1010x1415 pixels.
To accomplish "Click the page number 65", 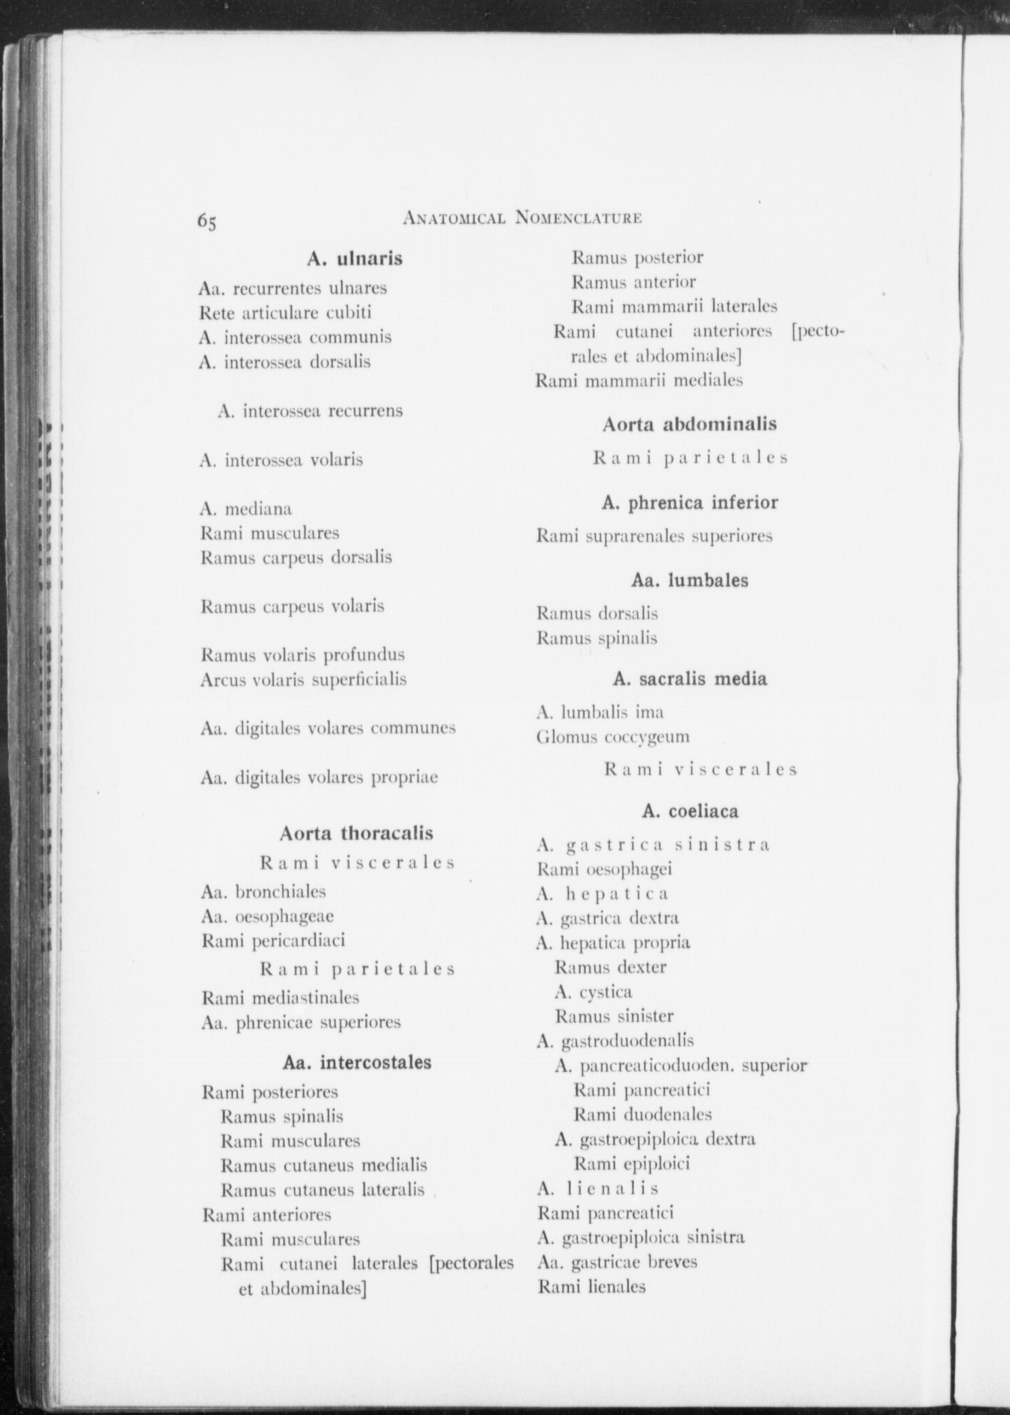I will click(x=207, y=221).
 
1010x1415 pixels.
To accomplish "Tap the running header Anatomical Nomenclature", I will click(x=521, y=217).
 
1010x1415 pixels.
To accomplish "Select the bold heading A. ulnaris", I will click(x=354, y=259).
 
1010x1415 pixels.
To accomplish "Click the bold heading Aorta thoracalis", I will click(x=356, y=833).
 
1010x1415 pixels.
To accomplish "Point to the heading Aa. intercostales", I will click(x=357, y=1062).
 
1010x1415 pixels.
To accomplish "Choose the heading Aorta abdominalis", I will click(x=689, y=425).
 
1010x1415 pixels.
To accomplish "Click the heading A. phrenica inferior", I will click(x=689, y=503).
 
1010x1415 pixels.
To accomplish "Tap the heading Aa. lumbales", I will click(x=689, y=581).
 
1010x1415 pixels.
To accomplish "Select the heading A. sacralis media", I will click(x=689, y=678).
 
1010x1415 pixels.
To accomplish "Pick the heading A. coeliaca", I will click(x=690, y=811).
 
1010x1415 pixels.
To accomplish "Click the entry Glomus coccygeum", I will click(x=613, y=737).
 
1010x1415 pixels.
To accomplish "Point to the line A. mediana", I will click(x=246, y=508).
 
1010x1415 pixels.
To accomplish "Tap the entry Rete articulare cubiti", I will click(x=285, y=313).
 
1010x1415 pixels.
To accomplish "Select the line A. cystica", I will click(x=593, y=992).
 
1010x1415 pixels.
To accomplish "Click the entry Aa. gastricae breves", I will click(x=617, y=1262).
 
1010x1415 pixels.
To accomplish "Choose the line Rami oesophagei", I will click(x=604, y=869).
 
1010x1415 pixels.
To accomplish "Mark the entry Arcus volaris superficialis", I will click(x=303, y=679).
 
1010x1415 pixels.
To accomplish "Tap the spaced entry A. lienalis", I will click(x=597, y=1188).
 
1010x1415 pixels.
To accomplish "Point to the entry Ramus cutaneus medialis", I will click(x=323, y=1165).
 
